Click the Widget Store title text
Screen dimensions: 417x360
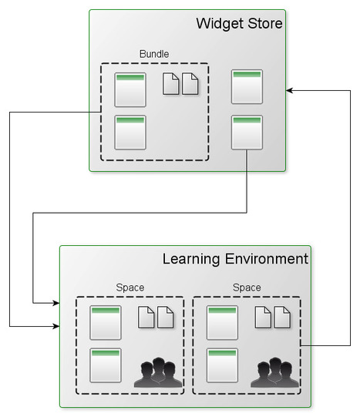click(239, 24)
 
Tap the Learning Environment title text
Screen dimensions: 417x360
click(235, 259)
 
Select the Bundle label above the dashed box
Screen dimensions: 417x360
click(154, 54)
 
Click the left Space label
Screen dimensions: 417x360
click(130, 288)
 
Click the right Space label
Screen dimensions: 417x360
click(247, 288)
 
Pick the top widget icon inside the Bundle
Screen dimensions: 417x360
click(130, 89)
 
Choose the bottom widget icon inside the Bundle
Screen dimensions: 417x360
click(130, 132)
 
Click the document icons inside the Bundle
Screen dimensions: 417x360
click(180, 83)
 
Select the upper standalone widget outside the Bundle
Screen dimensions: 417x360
click(247, 86)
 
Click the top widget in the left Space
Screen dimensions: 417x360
click(106, 322)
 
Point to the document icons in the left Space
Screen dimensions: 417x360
click(155, 317)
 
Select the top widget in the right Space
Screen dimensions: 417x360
click(223, 322)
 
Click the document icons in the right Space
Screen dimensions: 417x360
click(272, 317)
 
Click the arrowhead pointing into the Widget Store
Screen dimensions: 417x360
click(290, 90)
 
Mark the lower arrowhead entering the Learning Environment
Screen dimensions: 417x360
click(56, 326)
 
